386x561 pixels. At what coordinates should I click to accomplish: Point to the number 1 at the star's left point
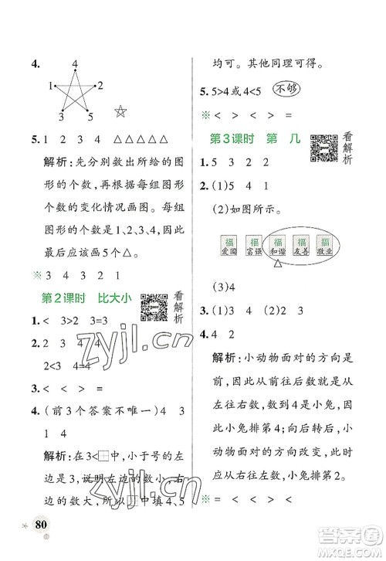[49, 84]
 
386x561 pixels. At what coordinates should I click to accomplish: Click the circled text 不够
[307, 88]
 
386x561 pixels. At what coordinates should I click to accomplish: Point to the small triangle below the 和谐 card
[277, 266]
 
